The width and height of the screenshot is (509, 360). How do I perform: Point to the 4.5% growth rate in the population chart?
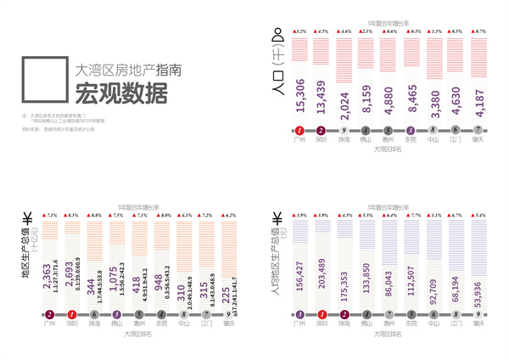(x=322, y=31)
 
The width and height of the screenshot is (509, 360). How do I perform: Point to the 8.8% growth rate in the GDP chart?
(x=96, y=215)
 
